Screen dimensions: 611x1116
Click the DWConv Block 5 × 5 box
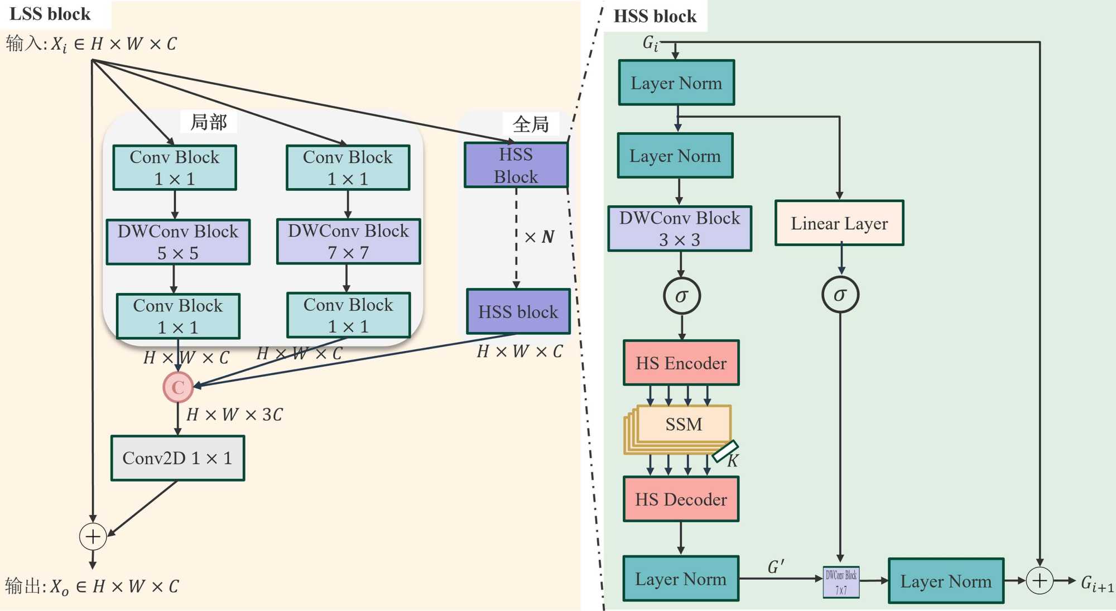(178, 242)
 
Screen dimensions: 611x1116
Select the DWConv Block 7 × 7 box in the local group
(348, 241)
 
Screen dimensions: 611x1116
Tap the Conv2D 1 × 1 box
(177, 458)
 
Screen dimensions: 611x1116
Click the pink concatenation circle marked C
(178, 387)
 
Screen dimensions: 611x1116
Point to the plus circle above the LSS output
(93, 536)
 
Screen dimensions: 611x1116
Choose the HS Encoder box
(681, 363)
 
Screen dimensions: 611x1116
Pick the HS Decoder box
(681, 499)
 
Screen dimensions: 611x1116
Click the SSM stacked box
(683, 425)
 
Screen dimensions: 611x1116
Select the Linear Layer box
(839, 223)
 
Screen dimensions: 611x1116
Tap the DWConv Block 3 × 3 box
(680, 229)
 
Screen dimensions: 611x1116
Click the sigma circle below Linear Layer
(840, 295)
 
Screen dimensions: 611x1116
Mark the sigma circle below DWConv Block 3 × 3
(681, 296)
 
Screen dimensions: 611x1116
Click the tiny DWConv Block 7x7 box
(841, 582)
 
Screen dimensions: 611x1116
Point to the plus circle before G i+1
(1040, 581)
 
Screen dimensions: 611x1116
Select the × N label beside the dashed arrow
(540, 237)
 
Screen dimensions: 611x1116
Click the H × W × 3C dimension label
(234, 415)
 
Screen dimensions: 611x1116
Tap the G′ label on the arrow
(776, 567)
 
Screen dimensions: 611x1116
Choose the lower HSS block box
(518, 311)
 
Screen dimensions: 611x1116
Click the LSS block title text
(50, 14)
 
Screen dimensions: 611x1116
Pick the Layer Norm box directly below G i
(676, 83)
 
